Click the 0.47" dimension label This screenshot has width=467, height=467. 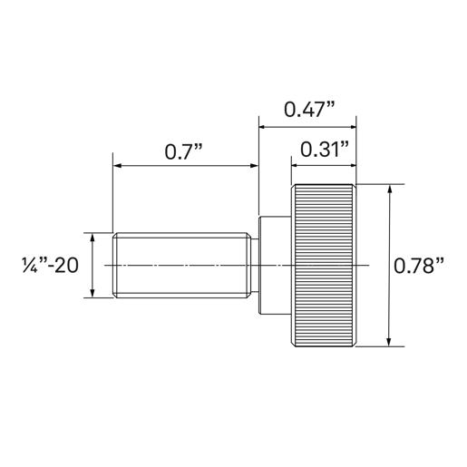coord(309,109)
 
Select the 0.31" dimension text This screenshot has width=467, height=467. coord(324,150)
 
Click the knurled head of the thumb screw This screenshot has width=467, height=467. coord(323,265)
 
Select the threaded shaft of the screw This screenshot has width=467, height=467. coord(181,265)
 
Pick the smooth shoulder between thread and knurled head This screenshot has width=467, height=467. coord(274,265)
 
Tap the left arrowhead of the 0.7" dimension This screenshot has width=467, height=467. coord(117,166)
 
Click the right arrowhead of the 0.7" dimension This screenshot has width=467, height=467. coord(255,166)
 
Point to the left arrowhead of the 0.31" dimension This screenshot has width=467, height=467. coord(296,166)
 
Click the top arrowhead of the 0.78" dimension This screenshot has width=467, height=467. coord(390,190)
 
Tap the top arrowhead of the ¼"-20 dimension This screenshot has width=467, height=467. coord(92,237)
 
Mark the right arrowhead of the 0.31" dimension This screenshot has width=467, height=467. coord(351,166)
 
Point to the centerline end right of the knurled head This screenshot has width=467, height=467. coord(369,265)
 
